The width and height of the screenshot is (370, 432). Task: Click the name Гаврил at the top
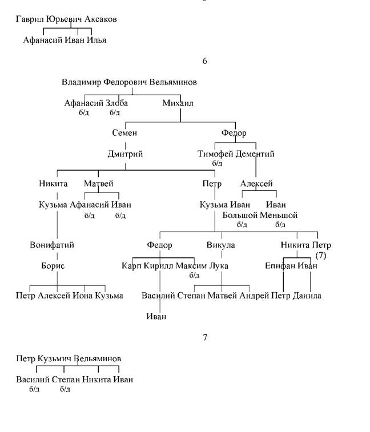pos(30,19)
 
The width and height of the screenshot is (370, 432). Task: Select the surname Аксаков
pos(100,19)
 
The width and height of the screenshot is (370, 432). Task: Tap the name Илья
pos(96,40)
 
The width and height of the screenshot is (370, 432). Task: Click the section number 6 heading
pos(204,61)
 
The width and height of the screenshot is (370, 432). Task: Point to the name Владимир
pos(82,82)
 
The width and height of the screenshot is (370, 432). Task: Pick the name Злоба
pos(117,103)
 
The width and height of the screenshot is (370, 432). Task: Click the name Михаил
pos(178,103)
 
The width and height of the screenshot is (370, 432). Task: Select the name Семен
pos(124,133)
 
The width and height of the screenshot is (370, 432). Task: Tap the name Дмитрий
pos(126,154)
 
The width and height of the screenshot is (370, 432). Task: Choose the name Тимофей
pos(216,154)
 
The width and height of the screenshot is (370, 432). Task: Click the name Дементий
pos(255,154)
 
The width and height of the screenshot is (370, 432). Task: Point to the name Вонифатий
pos(52,245)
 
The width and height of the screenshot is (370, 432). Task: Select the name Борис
pos(53,266)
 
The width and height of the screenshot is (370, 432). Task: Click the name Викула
pos(221,245)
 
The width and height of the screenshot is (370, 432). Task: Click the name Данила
pos(307,296)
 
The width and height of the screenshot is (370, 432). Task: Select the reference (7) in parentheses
pos(321,256)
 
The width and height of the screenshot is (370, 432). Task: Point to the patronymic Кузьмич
pos(55,359)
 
